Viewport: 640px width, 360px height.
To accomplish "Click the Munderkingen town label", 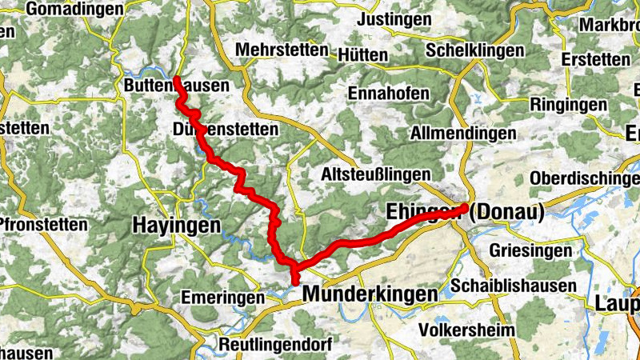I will (370, 294).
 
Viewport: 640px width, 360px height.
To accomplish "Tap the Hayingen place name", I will (175, 226).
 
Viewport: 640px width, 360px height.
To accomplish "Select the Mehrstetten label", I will (282, 50).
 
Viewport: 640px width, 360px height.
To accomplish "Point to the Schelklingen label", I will (475, 50).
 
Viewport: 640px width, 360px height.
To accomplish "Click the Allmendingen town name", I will (462, 133).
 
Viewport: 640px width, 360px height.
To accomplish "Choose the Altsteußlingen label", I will (375, 174).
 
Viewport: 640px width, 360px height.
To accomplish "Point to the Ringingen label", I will (568, 105).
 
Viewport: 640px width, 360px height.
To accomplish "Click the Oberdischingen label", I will (585, 177).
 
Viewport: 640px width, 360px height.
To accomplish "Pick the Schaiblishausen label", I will (514, 286).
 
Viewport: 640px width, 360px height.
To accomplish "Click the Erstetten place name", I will (596, 59).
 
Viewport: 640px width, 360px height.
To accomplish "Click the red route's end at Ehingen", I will (465, 206).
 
